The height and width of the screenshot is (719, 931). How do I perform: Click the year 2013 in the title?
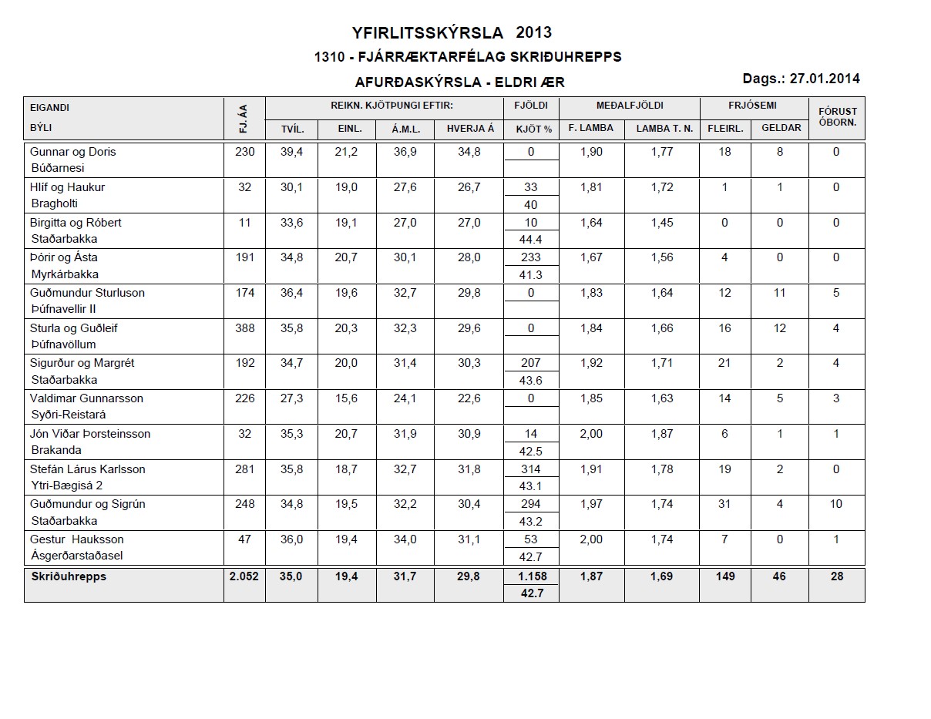pyautogui.click(x=534, y=32)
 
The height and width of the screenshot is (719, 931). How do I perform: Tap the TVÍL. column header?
pyautogui.click(x=292, y=129)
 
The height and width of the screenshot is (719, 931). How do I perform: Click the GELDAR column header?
pyautogui.click(x=781, y=128)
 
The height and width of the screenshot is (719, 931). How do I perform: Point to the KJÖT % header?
pyautogui.click(x=531, y=129)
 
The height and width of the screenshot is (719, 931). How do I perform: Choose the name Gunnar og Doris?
pyautogui.click(x=72, y=152)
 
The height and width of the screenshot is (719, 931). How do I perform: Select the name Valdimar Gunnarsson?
pyautogui.click(x=86, y=398)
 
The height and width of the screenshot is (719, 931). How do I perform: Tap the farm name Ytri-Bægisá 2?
pyautogui.click(x=66, y=485)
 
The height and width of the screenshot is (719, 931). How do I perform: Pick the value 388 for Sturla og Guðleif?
pyautogui.click(x=244, y=328)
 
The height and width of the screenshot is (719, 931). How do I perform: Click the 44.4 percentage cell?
pyautogui.click(x=530, y=239)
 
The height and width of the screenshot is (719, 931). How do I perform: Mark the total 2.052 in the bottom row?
pyautogui.click(x=244, y=576)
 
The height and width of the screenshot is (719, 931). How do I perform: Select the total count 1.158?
pyautogui.click(x=530, y=576)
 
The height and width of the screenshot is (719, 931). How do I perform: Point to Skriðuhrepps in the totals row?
pyautogui.click(x=68, y=576)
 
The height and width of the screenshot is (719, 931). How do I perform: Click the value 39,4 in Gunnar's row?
pyautogui.click(x=291, y=152)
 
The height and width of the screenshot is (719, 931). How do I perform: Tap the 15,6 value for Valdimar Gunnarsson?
pyautogui.click(x=350, y=398)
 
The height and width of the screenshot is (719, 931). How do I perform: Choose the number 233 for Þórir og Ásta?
pyautogui.click(x=530, y=257)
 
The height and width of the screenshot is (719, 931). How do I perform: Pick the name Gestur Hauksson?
pyautogui.click(x=76, y=539)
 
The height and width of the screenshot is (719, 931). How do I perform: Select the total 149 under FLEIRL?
pyautogui.click(x=724, y=576)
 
